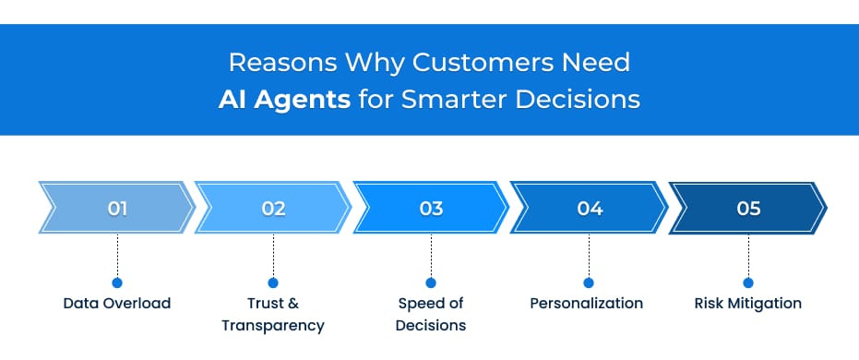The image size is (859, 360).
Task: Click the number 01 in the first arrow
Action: click(117, 209)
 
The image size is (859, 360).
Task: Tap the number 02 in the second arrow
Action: click(273, 209)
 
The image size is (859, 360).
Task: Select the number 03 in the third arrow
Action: click(431, 209)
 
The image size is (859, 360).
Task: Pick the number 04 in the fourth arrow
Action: click(590, 209)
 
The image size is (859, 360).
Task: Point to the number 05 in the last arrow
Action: click(748, 209)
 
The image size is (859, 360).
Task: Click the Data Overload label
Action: click(117, 303)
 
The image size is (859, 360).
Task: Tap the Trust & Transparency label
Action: click(273, 314)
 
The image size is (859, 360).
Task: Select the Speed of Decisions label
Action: click(431, 314)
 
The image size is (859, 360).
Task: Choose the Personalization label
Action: click(587, 303)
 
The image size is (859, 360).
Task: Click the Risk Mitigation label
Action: click(748, 303)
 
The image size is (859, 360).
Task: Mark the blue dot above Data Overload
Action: click(117, 282)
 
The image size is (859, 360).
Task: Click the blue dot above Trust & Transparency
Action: click(273, 282)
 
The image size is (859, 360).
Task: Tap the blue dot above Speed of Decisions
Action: click(431, 282)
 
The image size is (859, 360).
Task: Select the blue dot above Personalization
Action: click(588, 282)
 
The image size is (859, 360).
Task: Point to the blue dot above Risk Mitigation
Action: click(748, 282)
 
